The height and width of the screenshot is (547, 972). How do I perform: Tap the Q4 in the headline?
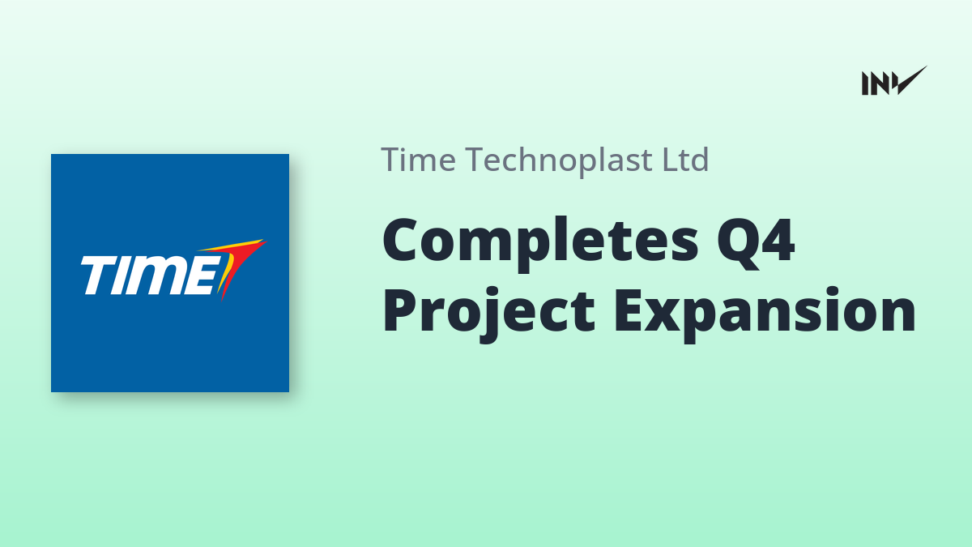[756, 242]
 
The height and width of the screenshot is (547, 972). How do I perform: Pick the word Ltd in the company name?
[685, 160]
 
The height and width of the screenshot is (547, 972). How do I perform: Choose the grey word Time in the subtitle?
[418, 160]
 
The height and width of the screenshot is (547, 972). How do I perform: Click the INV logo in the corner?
[894, 81]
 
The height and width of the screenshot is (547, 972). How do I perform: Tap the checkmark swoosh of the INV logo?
[911, 80]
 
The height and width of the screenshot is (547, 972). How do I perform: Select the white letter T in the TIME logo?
[96, 276]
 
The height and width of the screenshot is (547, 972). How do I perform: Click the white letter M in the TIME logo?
[159, 276]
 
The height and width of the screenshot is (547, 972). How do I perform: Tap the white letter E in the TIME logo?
[204, 276]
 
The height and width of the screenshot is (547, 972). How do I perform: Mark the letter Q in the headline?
[738, 243]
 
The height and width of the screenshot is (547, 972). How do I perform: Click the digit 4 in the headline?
[778, 240]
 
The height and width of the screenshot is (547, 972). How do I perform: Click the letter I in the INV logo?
[865, 83]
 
